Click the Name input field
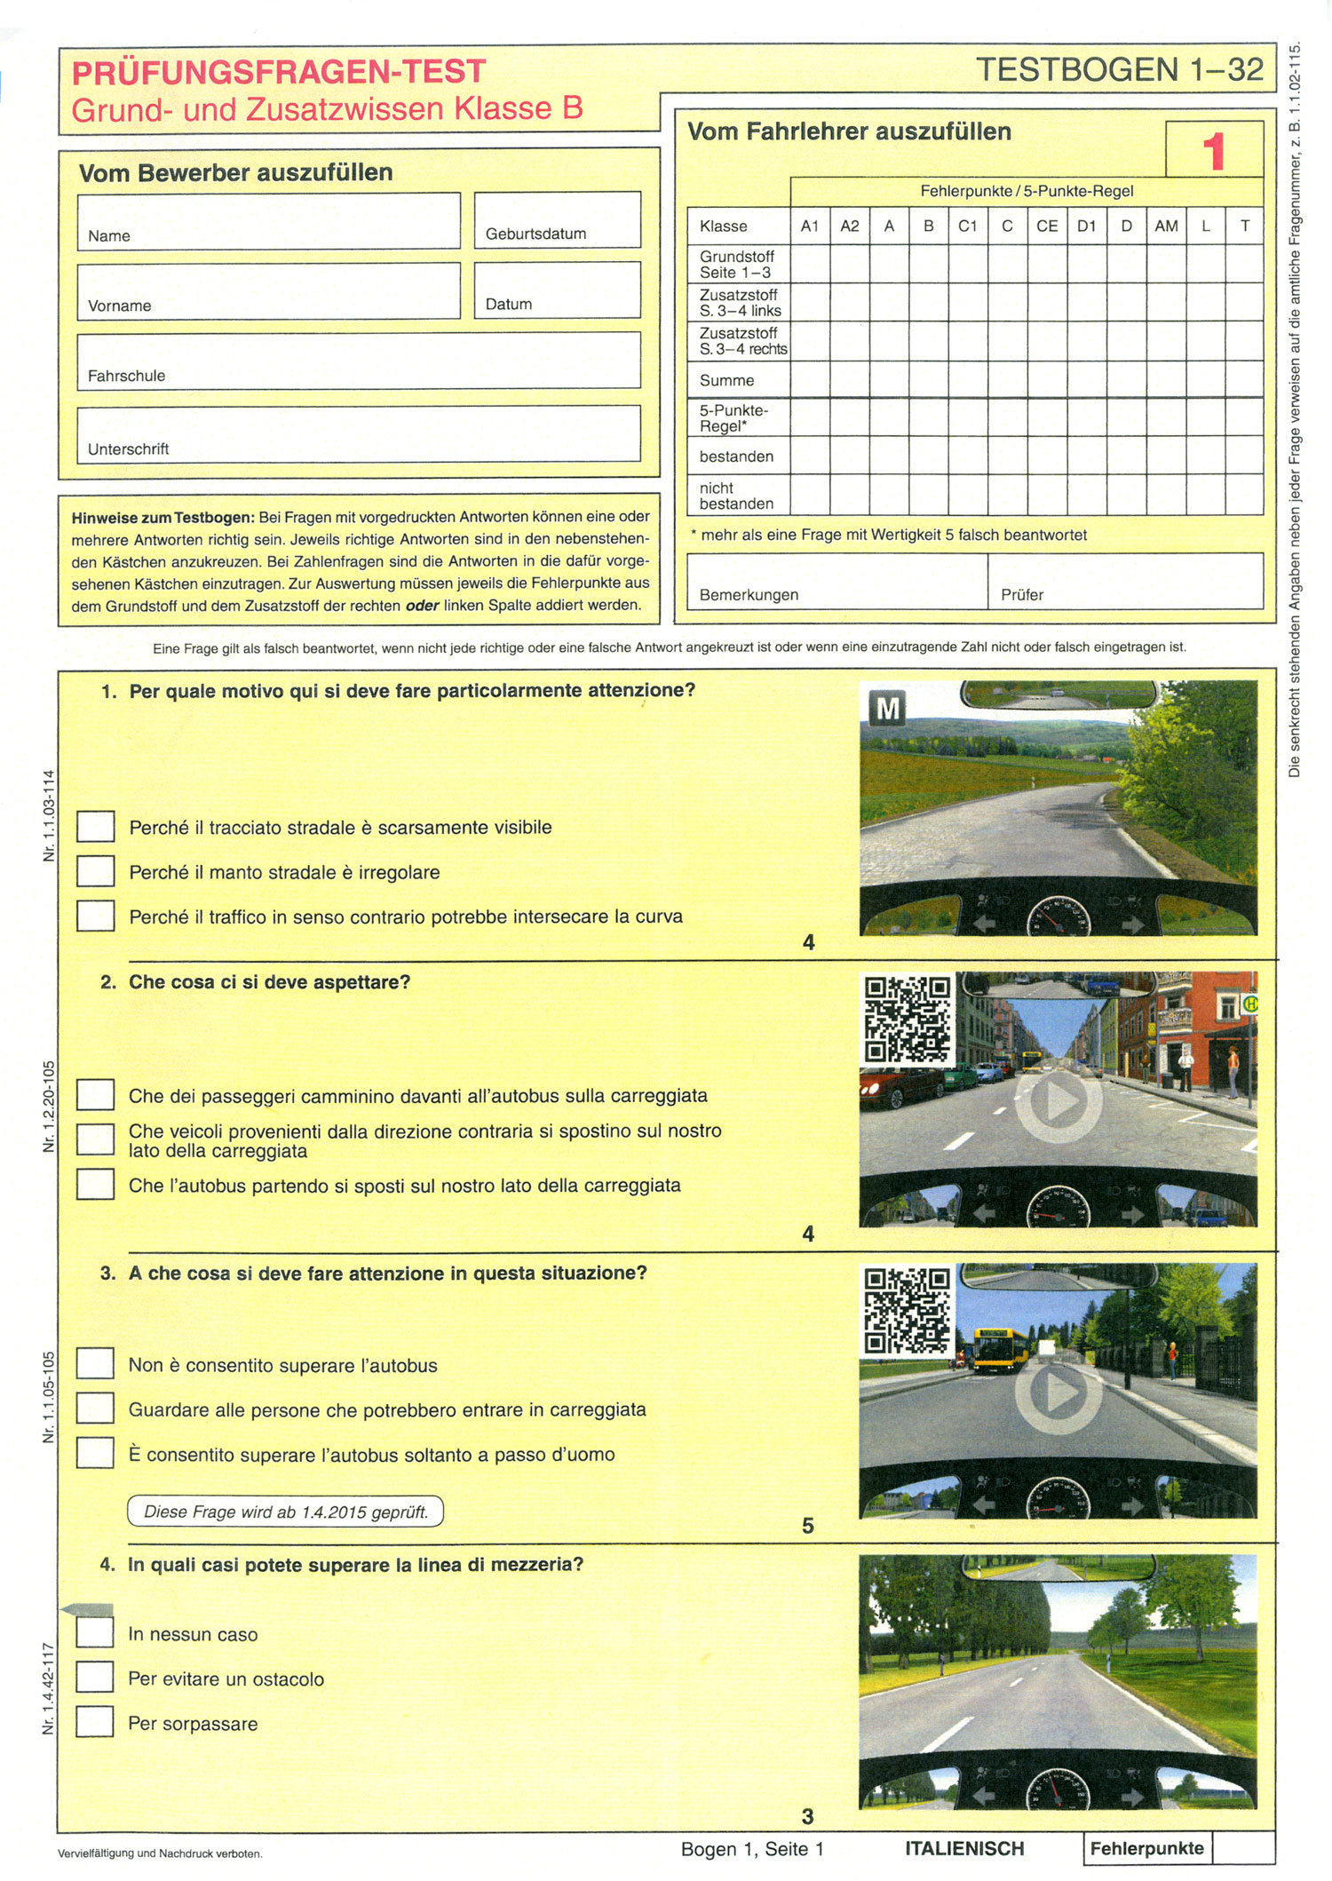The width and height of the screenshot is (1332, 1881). coord(268,220)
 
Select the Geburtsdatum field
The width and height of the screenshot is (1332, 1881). coord(557,218)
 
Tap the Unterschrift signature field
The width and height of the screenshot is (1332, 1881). coord(358,433)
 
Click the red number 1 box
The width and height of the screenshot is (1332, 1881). coord(1214,150)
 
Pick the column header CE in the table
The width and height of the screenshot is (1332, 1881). coord(1047,226)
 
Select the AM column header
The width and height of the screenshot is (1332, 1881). coord(1166,226)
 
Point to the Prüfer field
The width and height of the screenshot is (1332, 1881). coord(1124,581)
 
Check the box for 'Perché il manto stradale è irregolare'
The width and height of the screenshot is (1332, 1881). coord(95,871)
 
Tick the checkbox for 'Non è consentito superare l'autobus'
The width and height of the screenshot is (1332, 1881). coord(95,1363)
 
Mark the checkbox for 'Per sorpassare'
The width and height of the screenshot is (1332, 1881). coord(94,1721)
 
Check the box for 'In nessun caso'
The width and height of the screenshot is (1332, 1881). coord(94,1631)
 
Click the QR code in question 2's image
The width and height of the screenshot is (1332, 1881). coord(907,1020)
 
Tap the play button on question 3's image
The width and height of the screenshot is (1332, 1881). coord(1058,1393)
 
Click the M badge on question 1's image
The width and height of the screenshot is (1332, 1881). coord(887,708)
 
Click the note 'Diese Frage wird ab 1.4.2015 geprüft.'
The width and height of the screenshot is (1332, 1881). coord(285,1512)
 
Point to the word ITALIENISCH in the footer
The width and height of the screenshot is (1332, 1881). coord(964,1848)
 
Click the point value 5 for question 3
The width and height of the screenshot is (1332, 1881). coord(807,1525)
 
